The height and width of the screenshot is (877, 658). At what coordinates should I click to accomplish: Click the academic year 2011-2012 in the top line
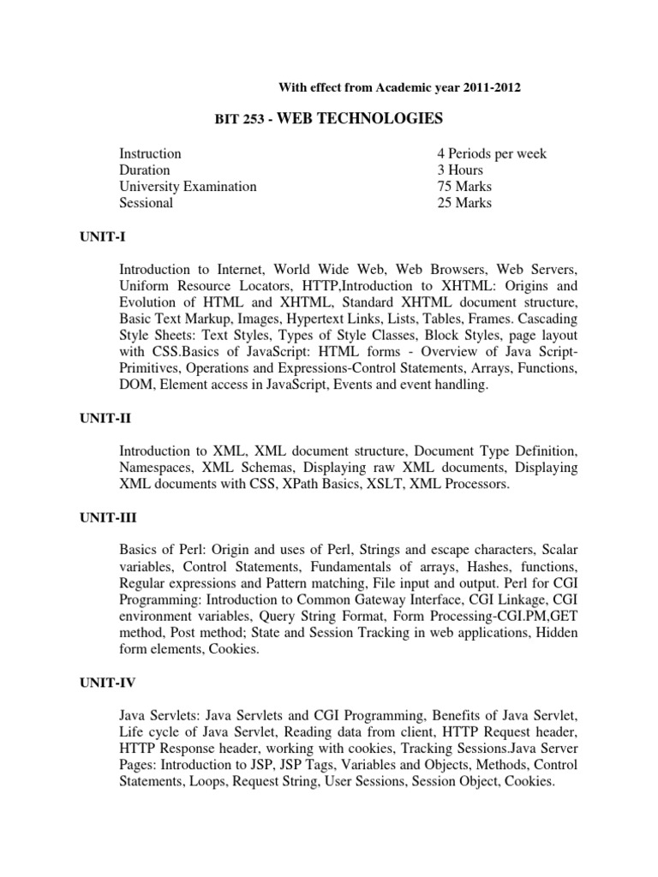[x=491, y=87]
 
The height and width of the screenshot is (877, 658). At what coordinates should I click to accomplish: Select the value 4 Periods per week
[x=492, y=154]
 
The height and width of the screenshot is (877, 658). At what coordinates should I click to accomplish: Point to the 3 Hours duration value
[x=460, y=170]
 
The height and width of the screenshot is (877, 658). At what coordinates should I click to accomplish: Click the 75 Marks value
[x=464, y=187]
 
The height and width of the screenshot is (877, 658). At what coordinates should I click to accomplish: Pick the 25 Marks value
[x=464, y=203]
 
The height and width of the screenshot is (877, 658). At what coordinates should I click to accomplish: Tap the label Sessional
[x=146, y=203]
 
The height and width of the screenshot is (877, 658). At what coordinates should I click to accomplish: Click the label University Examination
[x=188, y=187]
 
